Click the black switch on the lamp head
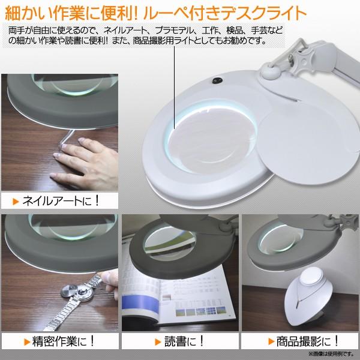tap(214, 81)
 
